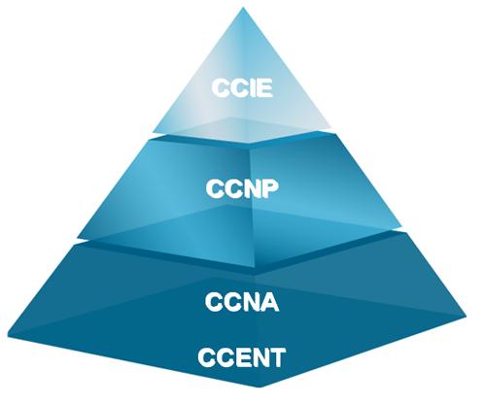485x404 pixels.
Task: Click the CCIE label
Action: (242, 87)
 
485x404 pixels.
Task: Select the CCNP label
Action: (242, 188)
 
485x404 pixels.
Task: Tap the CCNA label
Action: (242, 302)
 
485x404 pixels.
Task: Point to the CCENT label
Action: (242, 357)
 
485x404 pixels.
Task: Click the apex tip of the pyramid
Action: (243, 8)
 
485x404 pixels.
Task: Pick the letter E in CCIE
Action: (263, 87)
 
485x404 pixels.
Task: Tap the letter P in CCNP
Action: (270, 188)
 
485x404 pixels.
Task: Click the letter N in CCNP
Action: (251, 188)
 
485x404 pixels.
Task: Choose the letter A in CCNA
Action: (269, 302)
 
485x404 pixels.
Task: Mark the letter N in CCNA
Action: (250, 302)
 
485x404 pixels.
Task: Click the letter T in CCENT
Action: (276, 357)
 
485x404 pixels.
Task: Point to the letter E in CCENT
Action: (240, 357)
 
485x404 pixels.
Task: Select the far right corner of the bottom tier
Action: (467, 316)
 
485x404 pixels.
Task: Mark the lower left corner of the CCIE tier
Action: (153, 131)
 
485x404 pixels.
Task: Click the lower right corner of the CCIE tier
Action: (331, 127)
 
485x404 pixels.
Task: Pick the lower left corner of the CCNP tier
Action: (79, 238)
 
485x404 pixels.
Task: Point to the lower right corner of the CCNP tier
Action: (401, 226)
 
